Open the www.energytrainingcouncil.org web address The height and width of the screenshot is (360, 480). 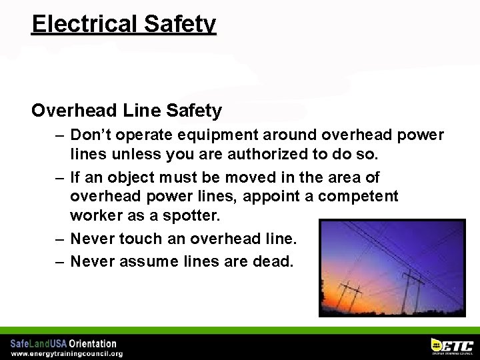click(x=66, y=354)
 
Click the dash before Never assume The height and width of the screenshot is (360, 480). click(x=60, y=261)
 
